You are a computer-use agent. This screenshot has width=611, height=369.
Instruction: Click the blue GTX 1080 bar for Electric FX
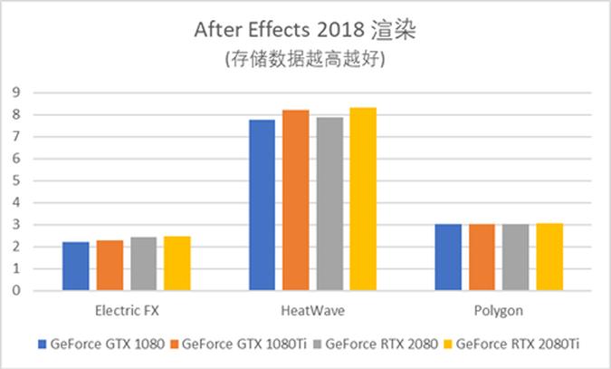pyautogui.click(x=75, y=267)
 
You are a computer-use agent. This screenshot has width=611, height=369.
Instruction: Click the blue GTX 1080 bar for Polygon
pyautogui.click(x=448, y=257)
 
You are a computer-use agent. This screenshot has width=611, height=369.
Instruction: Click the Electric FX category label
pyautogui.click(x=126, y=311)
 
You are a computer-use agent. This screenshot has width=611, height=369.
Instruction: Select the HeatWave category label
pyautogui.click(x=312, y=311)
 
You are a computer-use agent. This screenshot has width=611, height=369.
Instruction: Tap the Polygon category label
pyautogui.click(x=499, y=311)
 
